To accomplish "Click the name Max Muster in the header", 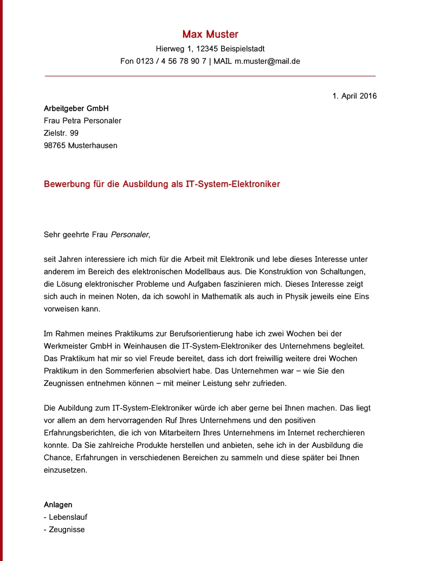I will (x=210, y=35).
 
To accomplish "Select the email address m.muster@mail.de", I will (x=267, y=61).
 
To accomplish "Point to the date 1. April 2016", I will (x=354, y=96).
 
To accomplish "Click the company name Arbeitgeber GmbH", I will (x=76, y=108).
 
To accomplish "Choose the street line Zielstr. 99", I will (x=61, y=133).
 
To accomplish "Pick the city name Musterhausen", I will (x=93, y=145).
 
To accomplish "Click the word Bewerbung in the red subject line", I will (x=66, y=184).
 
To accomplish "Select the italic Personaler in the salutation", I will (x=129, y=235).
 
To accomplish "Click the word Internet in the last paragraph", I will (x=287, y=433).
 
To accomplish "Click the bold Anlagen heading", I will (x=58, y=505).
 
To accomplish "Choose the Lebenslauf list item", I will (x=68, y=517).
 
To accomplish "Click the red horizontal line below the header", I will (x=210, y=76).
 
